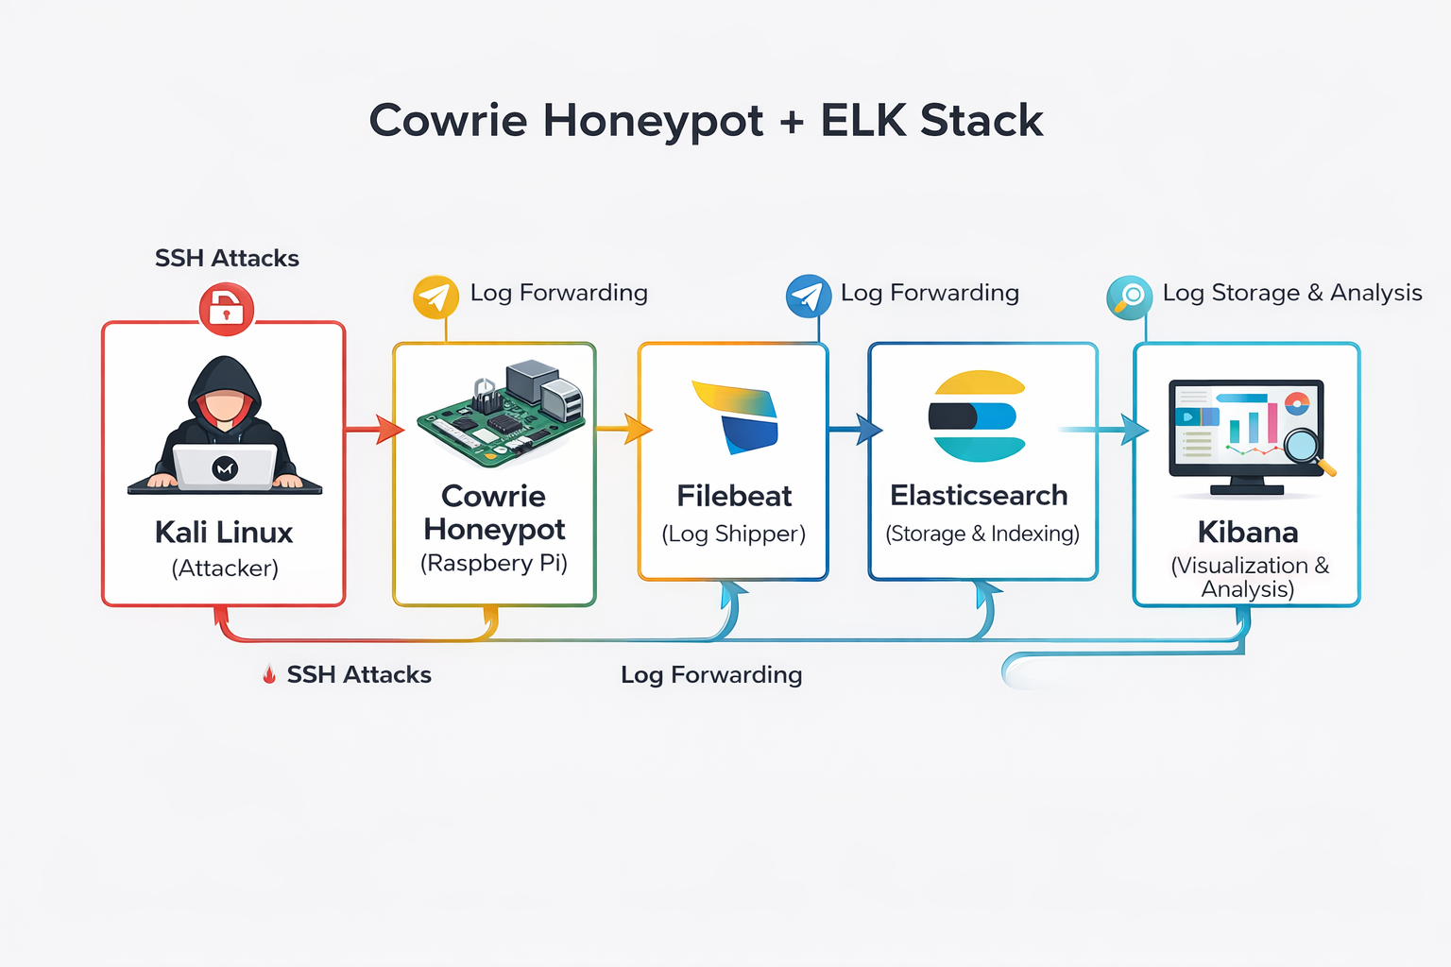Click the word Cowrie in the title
(448, 121)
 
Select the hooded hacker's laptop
(225, 467)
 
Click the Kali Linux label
(224, 533)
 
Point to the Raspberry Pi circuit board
(501, 416)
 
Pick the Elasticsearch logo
(978, 416)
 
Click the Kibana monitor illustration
(1247, 434)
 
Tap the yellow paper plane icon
(435, 297)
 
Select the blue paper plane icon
(809, 297)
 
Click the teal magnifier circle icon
(1129, 297)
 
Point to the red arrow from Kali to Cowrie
(375, 430)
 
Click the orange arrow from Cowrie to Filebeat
(624, 429)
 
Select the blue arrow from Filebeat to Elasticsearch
(856, 429)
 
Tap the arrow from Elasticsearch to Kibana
(1105, 430)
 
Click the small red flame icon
(269, 674)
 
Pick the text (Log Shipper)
(734, 534)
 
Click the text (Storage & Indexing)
(982, 534)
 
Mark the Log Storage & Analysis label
(1291, 293)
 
